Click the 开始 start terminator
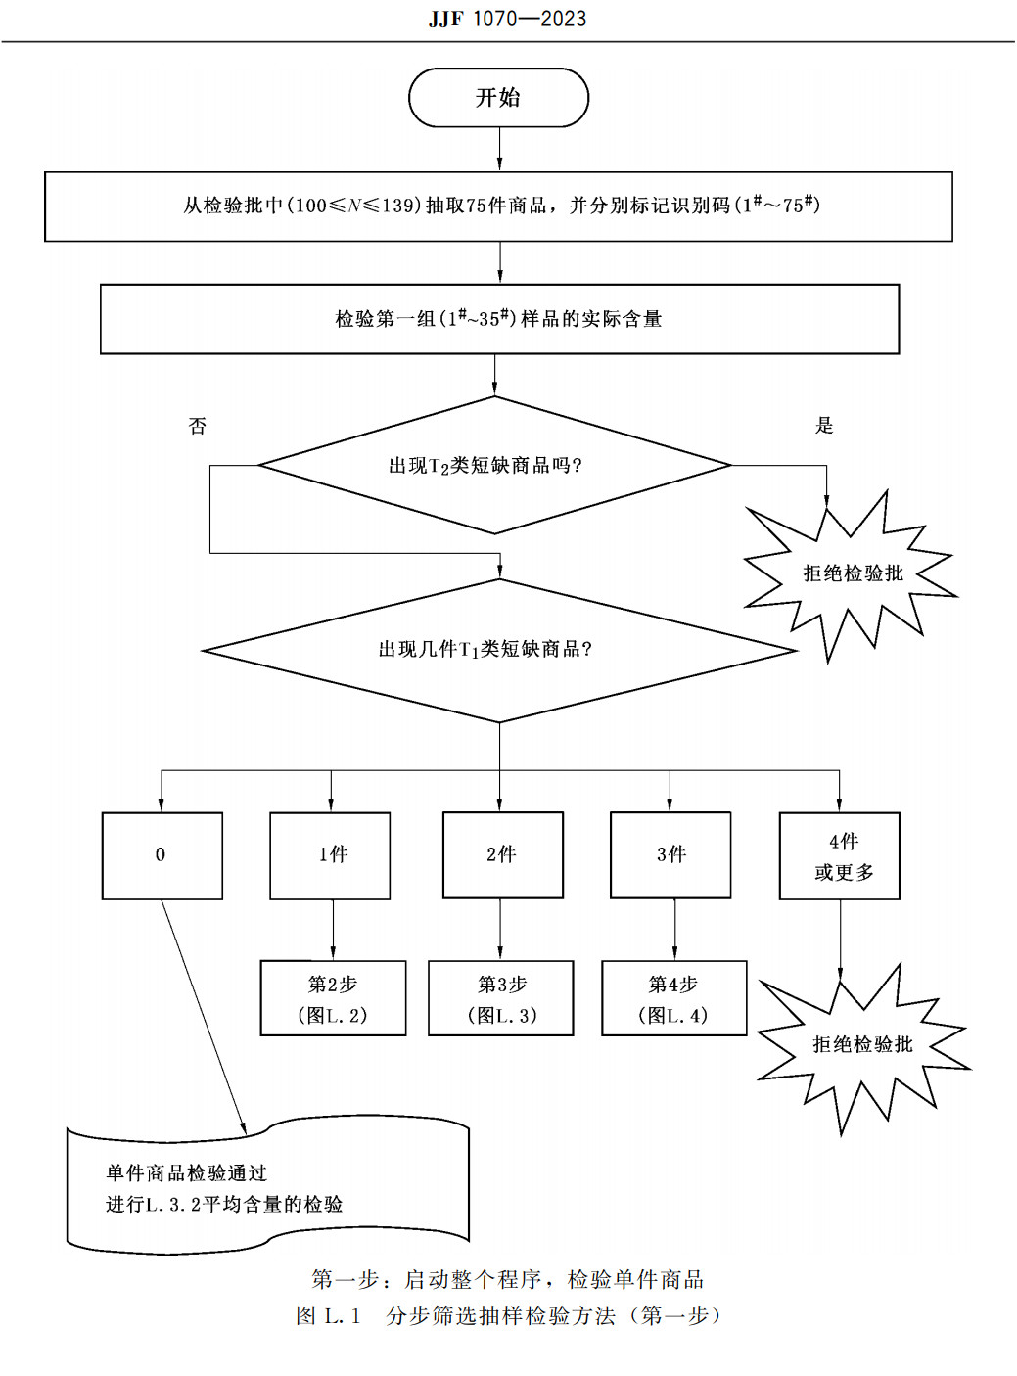498,98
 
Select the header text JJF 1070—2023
507,19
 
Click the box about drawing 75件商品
498,206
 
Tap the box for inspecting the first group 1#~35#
499,319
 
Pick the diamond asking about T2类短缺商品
494,466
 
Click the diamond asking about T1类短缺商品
498,650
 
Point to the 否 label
198,426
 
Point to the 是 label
824,425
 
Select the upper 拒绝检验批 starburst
852,573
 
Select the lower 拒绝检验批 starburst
861,1044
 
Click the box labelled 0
162,855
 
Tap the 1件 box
331,855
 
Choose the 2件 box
502,855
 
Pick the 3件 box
670,855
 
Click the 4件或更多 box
840,856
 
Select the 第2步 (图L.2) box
333,998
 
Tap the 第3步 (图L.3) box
501,998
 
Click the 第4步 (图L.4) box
673,998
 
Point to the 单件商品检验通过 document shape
266,1188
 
